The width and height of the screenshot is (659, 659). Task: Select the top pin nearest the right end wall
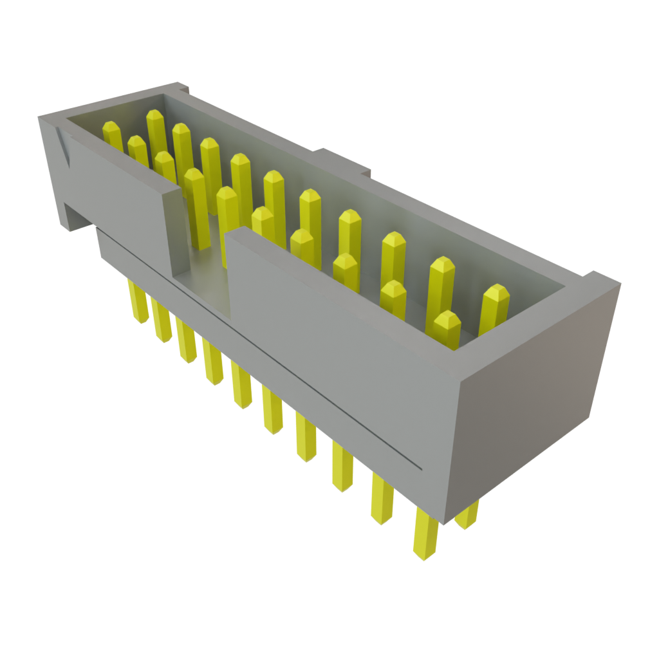click(495, 293)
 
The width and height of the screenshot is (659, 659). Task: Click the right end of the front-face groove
click(420, 468)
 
